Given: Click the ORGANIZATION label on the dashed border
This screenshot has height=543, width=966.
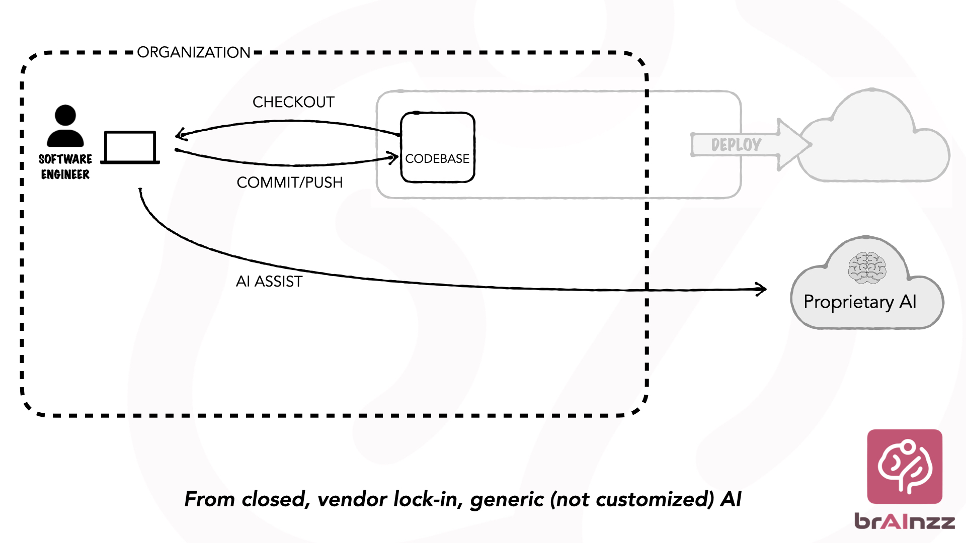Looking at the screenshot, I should [194, 52].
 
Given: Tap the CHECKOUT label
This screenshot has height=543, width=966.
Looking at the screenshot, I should [293, 102].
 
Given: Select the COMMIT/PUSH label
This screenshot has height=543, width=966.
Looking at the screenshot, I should [290, 183].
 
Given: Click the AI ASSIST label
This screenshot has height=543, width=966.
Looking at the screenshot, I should [269, 282].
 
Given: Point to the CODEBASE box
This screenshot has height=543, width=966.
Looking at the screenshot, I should [438, 147].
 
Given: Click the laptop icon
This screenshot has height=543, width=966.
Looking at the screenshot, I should [130, 147].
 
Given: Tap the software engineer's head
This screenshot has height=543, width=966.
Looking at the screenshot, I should [65, 115].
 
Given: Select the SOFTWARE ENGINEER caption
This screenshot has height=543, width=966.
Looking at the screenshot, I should [65, 167].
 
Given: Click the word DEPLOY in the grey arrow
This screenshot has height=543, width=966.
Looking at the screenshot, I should [736, 145].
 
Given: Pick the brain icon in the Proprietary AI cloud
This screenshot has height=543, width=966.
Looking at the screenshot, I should [867, 268].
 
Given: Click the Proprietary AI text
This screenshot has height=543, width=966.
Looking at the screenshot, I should [860, 302].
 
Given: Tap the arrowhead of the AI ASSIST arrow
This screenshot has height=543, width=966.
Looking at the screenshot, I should [763, 289].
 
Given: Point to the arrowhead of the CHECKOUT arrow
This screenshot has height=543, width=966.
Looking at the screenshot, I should [179, 134].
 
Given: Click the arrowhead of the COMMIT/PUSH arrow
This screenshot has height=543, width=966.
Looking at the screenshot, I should [394, 158].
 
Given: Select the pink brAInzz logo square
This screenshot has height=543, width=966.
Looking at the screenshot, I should [905, 466].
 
